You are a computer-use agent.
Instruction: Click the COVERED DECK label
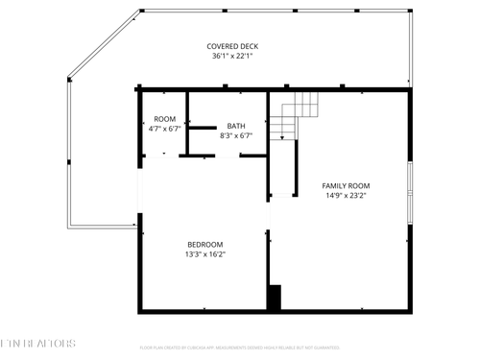pyautogui.click(x=234, y=46)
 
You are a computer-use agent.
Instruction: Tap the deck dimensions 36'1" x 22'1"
pyautogui.click(x=234, y=57)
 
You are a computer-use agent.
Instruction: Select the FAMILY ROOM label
pyautogui.click(x=346, y=185)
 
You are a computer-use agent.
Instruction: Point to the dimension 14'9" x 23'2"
pyautogui.click(x=346, y=196)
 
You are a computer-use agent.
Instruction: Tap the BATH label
pyautogui.click(x=235, y=126)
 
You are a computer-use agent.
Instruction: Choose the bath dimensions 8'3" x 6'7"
pyautogui.click(x=235, y=136)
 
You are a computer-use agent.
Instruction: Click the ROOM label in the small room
pyautogui.click(x=164, y=119)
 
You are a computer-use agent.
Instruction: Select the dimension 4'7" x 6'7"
pyautogui.click(x=164, y=129)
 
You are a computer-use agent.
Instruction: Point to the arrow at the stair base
pyautogui.click(x=280, y=136)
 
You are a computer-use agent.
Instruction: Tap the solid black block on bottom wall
pyautogui.click(x=274, y=298)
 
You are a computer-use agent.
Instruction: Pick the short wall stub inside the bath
pyautogui.click(x=203, y=127)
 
